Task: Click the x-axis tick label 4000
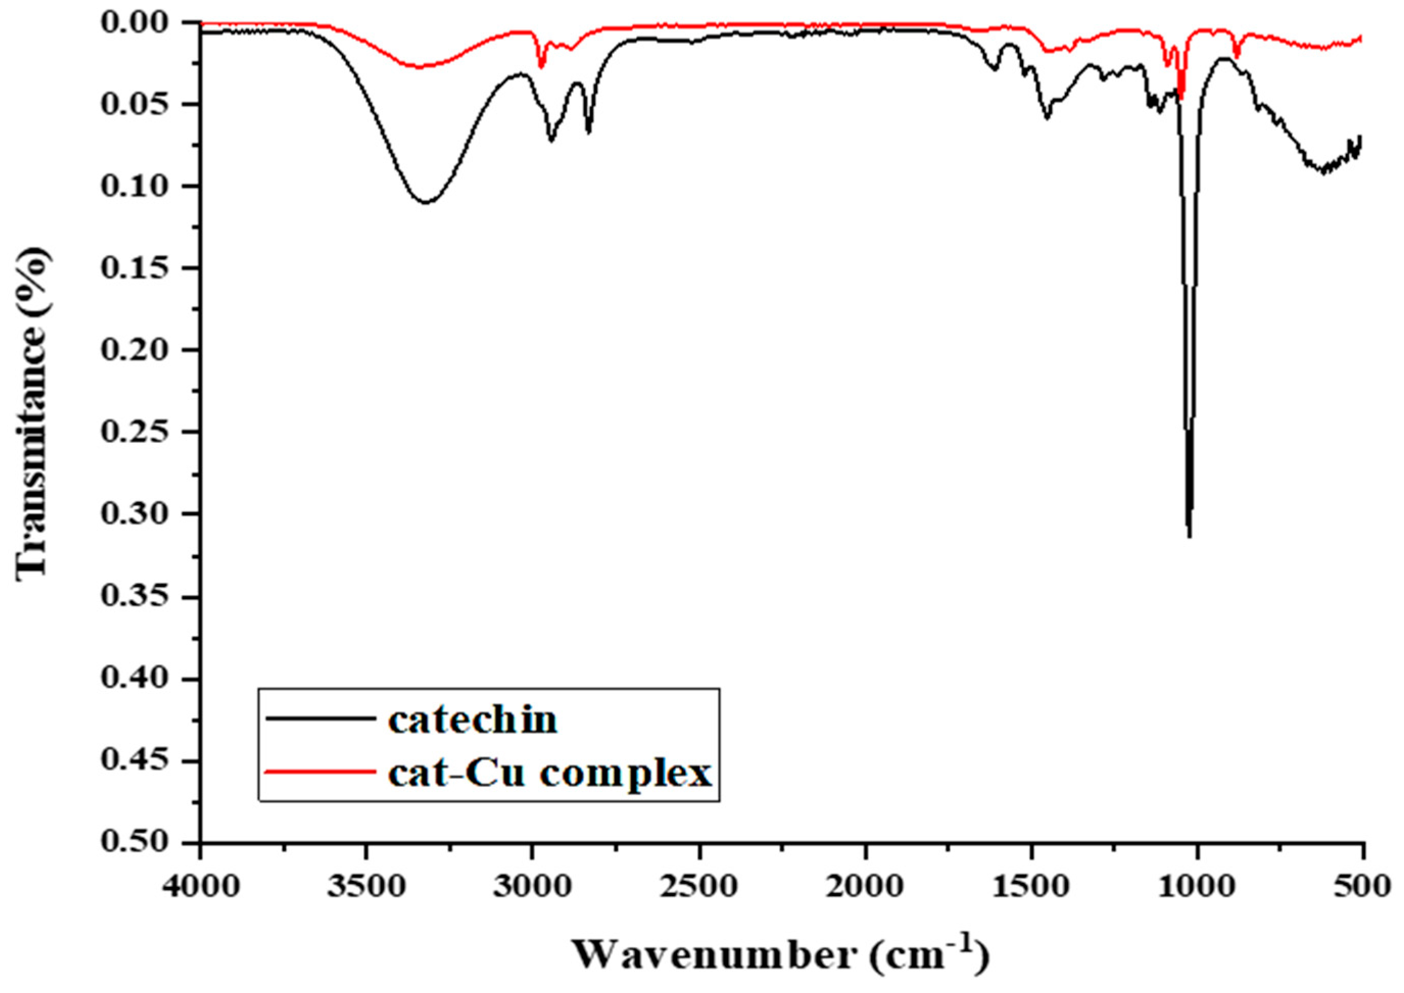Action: click(x=201, y=885)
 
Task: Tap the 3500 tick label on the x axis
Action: click(x=366, y=885)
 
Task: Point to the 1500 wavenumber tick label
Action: click(x=1031, y=885)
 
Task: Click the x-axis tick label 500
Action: click(x=1363, y=885)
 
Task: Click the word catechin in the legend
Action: click(x=473, y=721)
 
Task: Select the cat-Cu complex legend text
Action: click(x=550, y=774)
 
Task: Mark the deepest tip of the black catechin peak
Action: click(x=1189, y=537)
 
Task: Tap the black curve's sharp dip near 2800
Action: click(x=589, y=132)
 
